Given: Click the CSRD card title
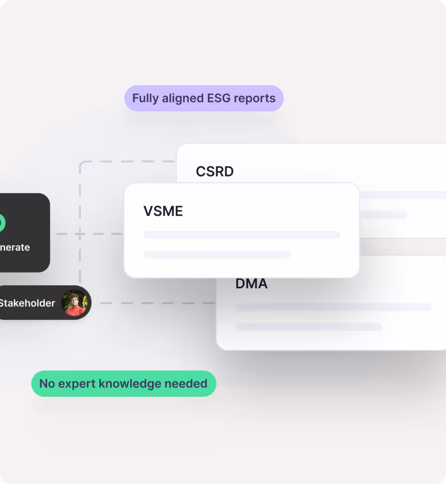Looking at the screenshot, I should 215,171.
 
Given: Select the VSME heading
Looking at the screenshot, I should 163,211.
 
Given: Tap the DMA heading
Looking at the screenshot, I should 251,283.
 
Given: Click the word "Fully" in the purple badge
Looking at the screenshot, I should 145,98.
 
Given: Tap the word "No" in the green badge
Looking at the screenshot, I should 47,384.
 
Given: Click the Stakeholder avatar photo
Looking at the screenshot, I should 75,303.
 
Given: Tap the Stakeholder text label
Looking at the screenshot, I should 27,303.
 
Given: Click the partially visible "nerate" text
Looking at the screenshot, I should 15,248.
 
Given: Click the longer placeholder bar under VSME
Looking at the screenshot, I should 241,234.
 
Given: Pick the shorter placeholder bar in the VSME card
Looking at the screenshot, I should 217,255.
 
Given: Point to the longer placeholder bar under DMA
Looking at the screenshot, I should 334,307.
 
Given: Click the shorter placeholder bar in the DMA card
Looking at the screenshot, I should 309,327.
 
